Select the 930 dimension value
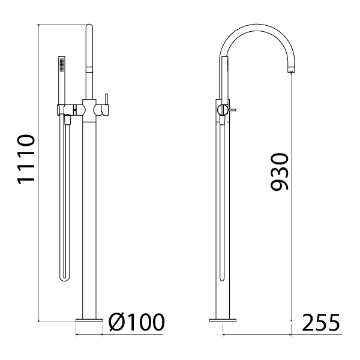279,172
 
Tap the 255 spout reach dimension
321,323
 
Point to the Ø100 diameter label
137,322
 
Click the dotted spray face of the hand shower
62,64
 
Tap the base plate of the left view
89,320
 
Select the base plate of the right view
223,320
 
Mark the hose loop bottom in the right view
222,278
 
